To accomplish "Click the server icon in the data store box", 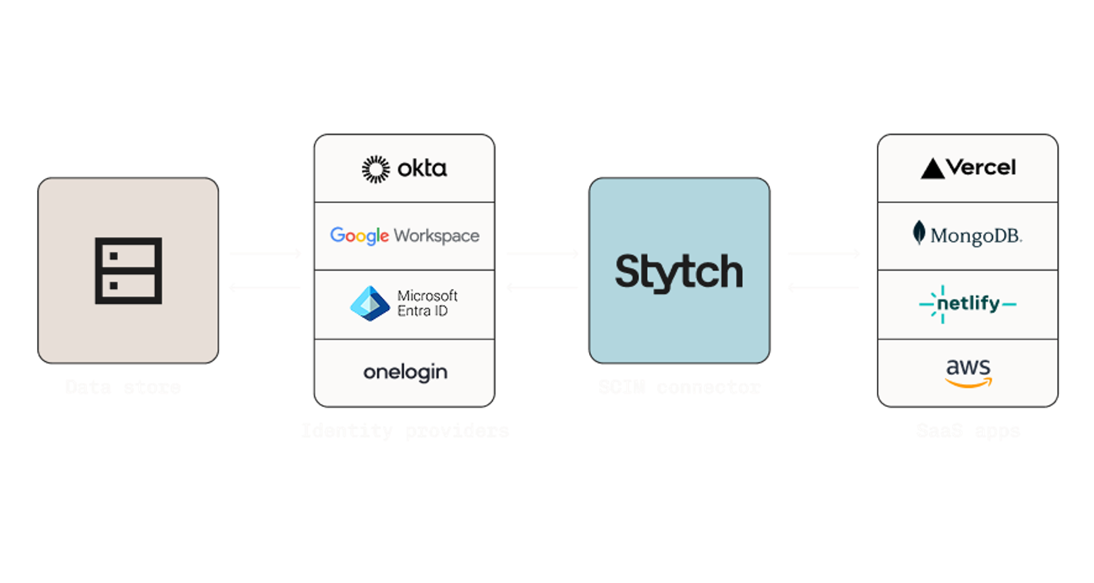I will coord(128,271).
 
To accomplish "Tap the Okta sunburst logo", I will coord(376,169).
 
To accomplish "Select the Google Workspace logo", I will coord(405,235).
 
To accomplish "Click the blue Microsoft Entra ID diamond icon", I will coord(370,304).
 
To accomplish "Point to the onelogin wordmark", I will coord(405,373).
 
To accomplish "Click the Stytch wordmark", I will coord(679,272).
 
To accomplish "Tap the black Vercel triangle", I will coord(933,169).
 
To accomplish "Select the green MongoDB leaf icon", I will coord(919,233).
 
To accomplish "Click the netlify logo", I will coord(968,304).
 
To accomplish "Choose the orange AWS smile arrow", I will coord(968,384).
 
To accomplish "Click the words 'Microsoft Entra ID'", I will coord(427,303).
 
